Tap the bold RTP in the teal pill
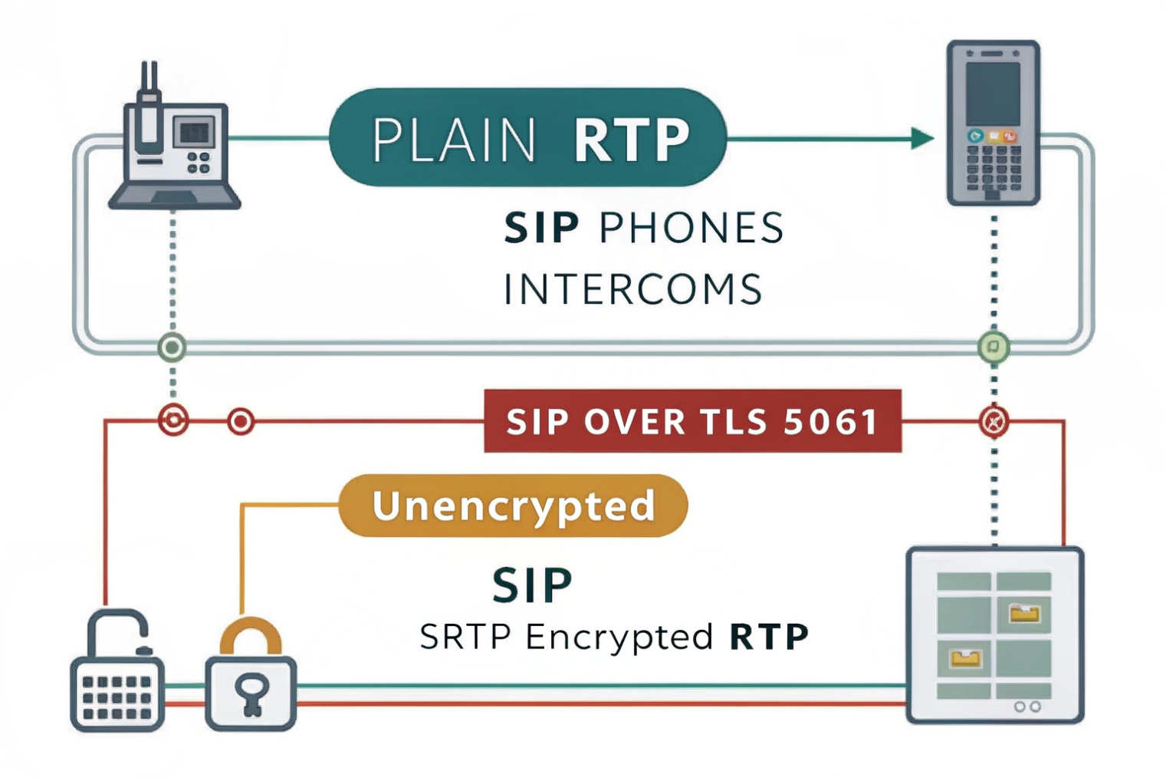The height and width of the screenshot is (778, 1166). (x=631, y=140)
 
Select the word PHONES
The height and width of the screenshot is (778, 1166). (x=691, y=228)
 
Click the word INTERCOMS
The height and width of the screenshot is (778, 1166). (x=632, y=289)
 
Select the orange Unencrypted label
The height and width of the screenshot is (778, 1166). (x=513, y=506)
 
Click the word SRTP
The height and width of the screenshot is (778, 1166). (x=465, y=637)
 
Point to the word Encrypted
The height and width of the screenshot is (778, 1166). (x=619, y=637)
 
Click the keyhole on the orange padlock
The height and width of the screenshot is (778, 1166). (x=251, y=693)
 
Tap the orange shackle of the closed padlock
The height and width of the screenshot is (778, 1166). (x=251, y=635)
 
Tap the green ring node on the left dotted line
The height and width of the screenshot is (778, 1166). (x=172, y=348)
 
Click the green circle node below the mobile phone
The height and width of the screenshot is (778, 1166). (x=994, y=348)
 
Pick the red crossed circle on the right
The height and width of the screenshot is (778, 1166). (x=994, y=421)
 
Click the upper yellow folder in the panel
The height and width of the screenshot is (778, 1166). (x=1025, y=613)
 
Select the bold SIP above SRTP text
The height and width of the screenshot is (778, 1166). (x=532, y=585)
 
